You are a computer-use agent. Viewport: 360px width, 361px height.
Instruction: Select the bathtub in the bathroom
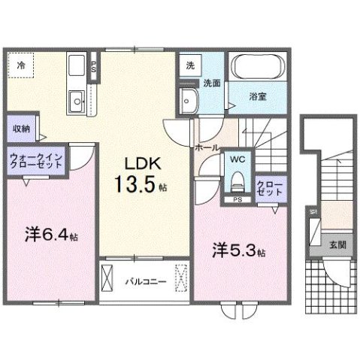pos(256,69)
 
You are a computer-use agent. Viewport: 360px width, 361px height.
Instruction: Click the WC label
pos(237,159)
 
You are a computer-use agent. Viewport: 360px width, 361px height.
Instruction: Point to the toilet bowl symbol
pos(237,180)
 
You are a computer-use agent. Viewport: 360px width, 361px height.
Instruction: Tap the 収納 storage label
pos(20,128)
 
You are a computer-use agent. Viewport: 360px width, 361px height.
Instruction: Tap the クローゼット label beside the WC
pos(269,187)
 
